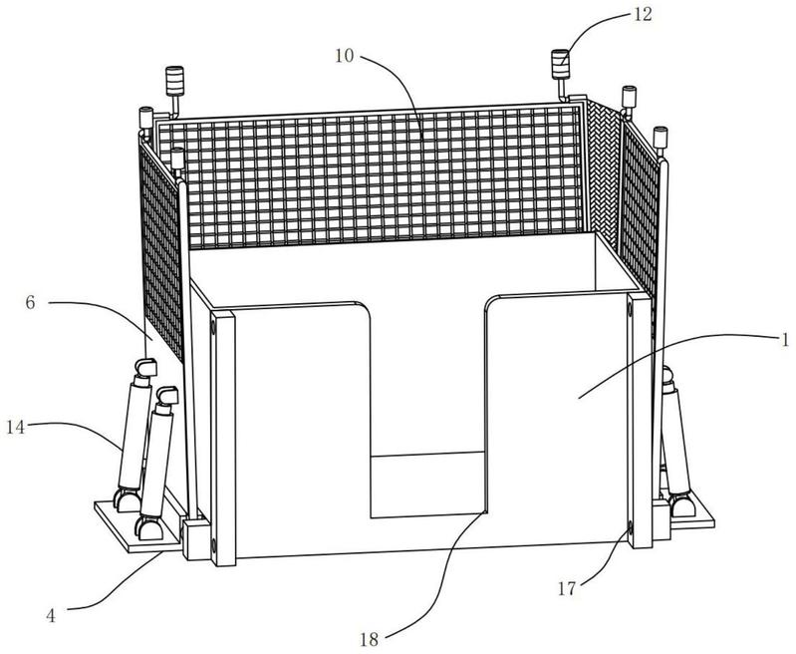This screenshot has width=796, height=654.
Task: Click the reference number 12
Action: [643, 14]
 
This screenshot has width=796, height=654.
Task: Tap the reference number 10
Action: [344, 56]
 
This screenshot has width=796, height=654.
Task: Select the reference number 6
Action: [31, 303]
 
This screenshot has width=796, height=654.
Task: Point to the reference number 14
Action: [15, 428]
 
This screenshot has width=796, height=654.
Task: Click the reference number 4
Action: [51, 616]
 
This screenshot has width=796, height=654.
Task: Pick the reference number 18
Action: [369, 639]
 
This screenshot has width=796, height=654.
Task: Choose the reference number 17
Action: [567, 588]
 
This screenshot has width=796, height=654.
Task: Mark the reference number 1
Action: [785, 339]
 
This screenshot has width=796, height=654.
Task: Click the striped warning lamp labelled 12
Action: [561, 65]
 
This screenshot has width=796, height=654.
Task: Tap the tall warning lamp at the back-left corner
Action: [174, 82]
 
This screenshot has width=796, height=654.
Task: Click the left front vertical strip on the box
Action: [223, 439]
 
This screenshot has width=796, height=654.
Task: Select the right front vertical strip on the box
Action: [640, 421]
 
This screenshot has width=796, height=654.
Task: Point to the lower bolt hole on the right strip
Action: [630, 529]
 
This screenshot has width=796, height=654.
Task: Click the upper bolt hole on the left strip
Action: [213, 329]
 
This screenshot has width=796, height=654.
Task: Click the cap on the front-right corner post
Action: [660, 138]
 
